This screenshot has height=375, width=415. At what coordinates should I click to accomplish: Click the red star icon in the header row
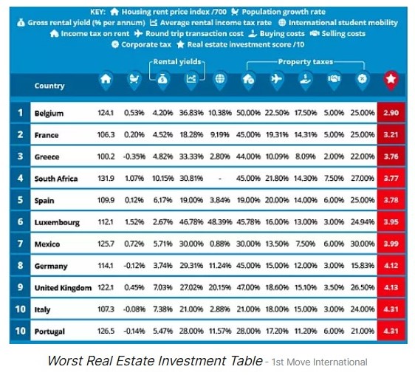391,79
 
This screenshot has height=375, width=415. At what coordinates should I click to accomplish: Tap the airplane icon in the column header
277,79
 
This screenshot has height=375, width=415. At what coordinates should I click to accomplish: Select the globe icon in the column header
220,78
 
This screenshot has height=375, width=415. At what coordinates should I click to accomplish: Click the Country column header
49,86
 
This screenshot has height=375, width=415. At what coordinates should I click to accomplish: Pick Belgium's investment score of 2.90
391,113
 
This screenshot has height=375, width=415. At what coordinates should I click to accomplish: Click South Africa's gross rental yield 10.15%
162,179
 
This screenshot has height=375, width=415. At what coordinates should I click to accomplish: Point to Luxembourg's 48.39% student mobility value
220,222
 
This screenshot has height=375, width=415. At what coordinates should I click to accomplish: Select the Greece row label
47,157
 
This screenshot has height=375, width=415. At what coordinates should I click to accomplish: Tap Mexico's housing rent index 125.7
106,244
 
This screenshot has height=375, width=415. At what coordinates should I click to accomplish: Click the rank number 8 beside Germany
20,266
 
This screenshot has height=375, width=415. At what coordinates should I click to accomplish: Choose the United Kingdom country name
63,288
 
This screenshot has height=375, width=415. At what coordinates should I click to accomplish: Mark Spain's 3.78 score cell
391,200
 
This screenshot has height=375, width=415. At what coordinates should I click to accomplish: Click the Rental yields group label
177,62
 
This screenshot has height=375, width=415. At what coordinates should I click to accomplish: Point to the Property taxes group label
306,62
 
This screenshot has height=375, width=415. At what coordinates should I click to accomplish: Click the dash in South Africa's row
220,179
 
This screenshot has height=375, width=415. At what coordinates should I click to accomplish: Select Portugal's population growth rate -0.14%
134,331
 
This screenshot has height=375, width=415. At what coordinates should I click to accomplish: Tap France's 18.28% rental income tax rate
191,134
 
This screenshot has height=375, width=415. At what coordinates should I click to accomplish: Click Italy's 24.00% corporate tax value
363,309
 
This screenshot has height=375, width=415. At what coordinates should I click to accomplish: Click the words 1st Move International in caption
320,362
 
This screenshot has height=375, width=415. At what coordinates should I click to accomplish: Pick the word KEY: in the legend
98,12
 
